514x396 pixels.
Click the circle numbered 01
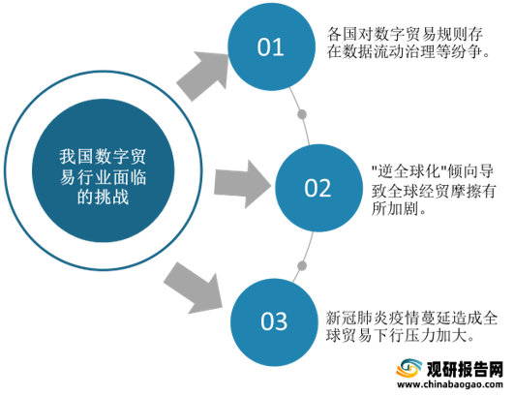click(271, 46)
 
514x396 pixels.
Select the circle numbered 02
click(318, 188)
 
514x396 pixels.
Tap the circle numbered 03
click(274, 321)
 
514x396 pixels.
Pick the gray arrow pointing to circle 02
click(243, 184)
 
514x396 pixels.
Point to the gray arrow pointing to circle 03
click(194, 289)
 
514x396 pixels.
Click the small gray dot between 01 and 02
click(302, 115)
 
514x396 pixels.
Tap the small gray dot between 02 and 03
click(302, 265)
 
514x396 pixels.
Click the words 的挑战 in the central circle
click(103, 198)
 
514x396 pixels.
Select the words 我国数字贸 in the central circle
click(103, 157)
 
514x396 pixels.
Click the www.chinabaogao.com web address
click(450, 384)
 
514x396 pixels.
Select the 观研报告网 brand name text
click(465, 369)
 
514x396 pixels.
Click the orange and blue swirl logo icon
click(408, 369)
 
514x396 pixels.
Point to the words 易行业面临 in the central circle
click(103, 177)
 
